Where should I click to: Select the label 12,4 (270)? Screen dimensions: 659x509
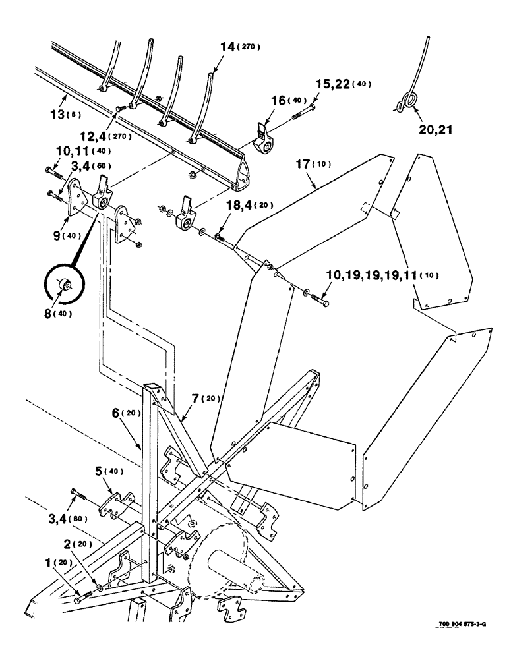pyautogui.click(x=105, y=136)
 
